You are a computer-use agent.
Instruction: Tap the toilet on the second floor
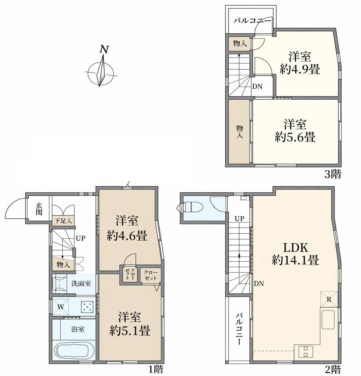click(192, 207)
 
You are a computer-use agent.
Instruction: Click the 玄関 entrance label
click(39, 209)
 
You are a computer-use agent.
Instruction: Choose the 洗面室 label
click(81, 284)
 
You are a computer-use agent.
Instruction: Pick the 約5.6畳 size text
click(295, 137)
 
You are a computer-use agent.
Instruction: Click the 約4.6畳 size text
click(127, 236)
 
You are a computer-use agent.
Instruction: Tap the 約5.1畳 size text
click(130, 331)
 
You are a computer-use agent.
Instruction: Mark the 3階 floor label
click(333, 174)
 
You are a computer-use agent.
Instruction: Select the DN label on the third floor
click(257, 87)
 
